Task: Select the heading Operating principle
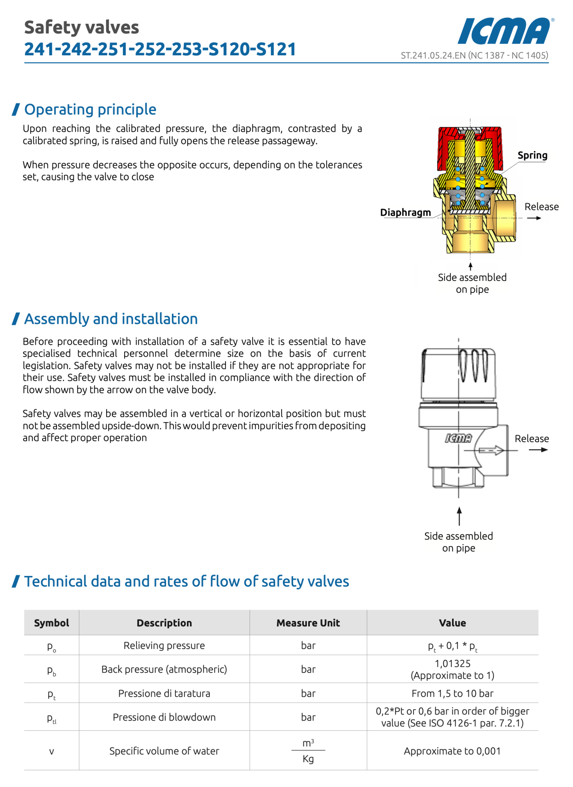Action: tap(90, 109)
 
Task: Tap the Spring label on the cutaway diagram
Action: tap(532, 155)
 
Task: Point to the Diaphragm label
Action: tap(405, 212)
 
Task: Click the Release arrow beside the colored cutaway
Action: tap(534, 218)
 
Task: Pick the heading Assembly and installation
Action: tap(111, 319)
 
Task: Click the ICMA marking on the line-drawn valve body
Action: tap(458, 438)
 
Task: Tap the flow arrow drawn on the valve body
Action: tap(491, 450)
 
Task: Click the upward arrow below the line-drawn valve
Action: tap(459, 516)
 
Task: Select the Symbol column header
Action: tap(52, 623)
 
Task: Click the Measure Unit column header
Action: tap(308, 623)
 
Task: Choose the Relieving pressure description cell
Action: tap(164, 646)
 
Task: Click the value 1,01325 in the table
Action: tap(452, 664)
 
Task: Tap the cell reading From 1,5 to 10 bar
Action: tap(452, 693)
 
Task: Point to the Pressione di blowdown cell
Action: tap(164, 717)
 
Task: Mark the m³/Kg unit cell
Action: tap(308, 751)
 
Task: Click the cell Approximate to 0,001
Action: tap(452, 751)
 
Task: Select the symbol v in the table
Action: tap(52, 751)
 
